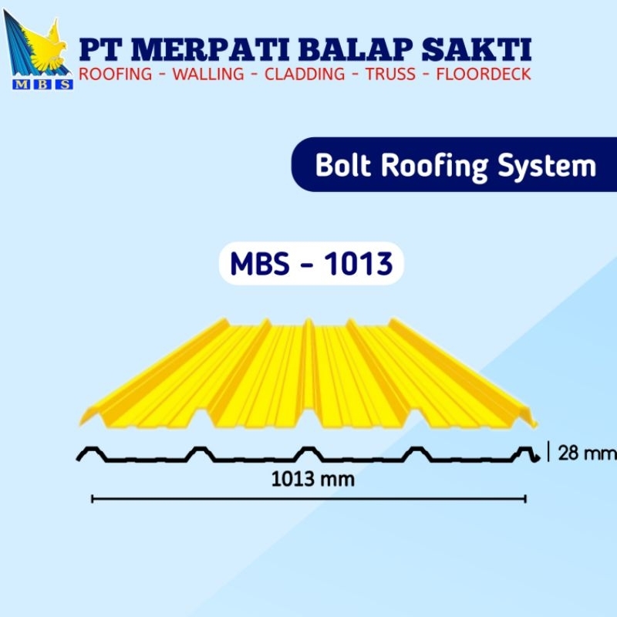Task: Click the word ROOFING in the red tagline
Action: (x=114, y=76)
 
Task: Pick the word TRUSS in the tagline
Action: (x=391, y=76)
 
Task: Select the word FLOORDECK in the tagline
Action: (x=484, y=76)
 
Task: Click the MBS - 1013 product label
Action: (x=312, y=264)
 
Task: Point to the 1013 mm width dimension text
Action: (x=313, y=479)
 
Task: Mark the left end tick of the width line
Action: (x=93, y=499)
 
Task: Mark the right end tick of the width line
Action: (x=526, y=499)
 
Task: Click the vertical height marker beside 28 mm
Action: (x=548, y=452)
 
